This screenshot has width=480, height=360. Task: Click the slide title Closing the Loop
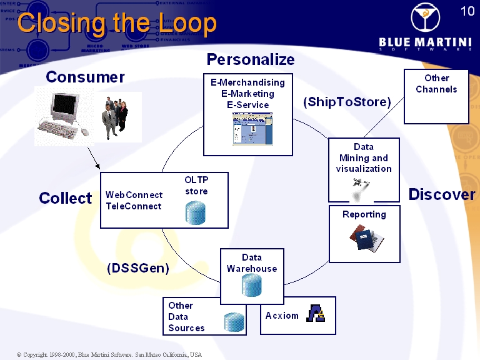[x=117, y=23]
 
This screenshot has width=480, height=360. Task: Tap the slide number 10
[x=467, y=11]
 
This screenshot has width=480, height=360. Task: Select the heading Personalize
[x=250, y=59]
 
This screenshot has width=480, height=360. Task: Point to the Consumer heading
[x=85, y=77]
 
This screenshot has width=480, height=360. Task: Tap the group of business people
[x=116, y=116]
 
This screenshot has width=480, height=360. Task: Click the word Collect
[x=65, y=198]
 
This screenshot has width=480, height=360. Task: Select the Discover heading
[x=441, y=194]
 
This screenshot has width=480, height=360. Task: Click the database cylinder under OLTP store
[x=196, y=212]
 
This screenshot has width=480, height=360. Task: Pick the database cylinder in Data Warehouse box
[x=251, y=285]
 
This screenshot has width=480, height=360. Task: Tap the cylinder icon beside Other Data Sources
[x=233, y=322]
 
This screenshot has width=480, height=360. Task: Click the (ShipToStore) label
[x=347, y=102]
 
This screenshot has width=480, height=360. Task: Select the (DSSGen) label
[x=138, y=268]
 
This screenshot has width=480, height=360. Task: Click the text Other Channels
[x=436, y=84]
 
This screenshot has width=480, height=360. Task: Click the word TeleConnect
[x=134, y=206]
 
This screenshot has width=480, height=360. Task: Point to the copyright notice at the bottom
[x=109, y=354]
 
